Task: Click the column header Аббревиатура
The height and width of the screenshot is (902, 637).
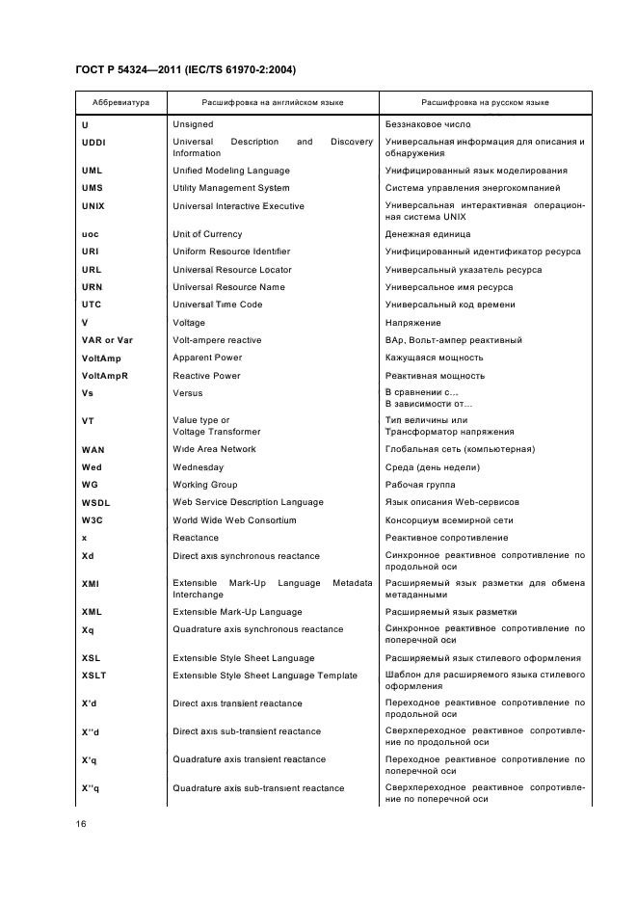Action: (120, 101)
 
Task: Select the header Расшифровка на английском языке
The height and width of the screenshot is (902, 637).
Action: (273, 101)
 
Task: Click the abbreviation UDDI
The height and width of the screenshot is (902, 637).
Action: (93, 142)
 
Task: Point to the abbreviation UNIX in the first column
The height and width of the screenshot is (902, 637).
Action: (93, 206)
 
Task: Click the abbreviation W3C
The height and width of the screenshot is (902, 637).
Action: (93, 520)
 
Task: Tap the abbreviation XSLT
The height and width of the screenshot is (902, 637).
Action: (93, 676)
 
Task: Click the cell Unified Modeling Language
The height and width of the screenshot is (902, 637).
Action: (230, 171)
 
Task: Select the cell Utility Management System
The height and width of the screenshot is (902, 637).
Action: (230, 188)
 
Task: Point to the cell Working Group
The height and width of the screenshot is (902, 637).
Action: (204, 485)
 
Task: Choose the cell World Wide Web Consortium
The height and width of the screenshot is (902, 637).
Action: (234, 520)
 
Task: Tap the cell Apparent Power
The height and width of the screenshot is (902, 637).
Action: (207, 358)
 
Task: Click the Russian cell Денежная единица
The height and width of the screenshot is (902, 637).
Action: (428, 234)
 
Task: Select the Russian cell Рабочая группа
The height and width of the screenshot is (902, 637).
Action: (419, 485)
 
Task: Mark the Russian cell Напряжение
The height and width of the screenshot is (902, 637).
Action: (412, 323)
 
